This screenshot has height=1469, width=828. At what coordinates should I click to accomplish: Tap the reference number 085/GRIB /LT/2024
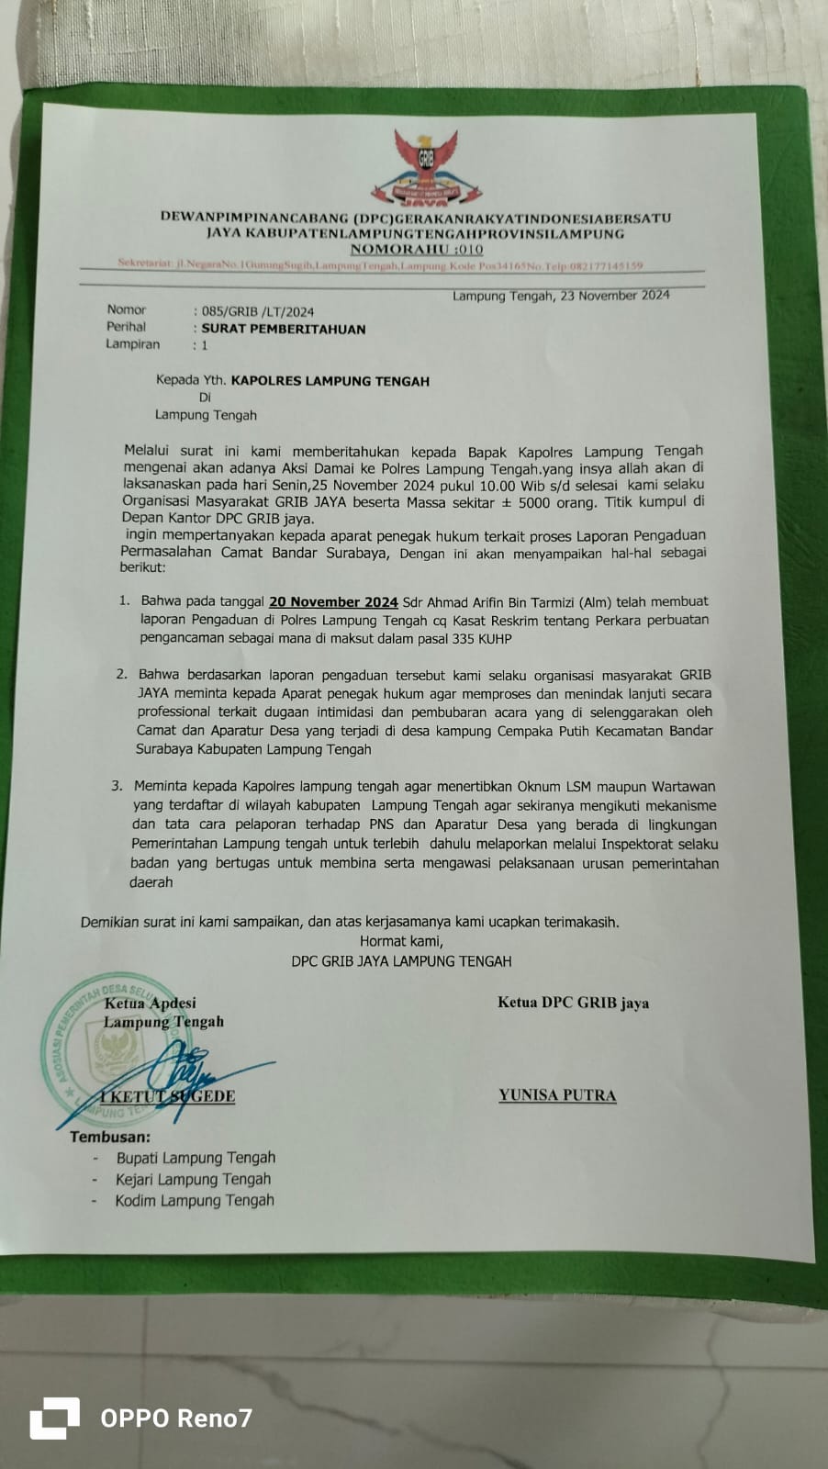(257, 311)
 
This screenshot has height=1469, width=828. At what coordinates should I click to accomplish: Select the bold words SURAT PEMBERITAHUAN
(283, 329)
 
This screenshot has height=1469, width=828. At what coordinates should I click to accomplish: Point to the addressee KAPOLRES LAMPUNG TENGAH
(330, 380)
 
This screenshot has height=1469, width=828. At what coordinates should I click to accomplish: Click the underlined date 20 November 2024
(333, 602)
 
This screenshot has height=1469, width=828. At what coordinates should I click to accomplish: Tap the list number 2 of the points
(121, 675)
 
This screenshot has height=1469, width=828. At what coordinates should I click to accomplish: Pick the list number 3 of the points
(117, 787)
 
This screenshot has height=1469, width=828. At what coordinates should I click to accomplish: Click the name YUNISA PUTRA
(557, 1095)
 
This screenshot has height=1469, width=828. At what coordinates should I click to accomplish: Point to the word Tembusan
(110, 1138)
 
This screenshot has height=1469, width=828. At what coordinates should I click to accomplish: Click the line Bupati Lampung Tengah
(196, 1159)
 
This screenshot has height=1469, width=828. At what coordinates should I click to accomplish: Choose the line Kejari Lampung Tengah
(193, 1180)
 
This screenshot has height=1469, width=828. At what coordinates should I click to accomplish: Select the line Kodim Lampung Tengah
(195, 1201)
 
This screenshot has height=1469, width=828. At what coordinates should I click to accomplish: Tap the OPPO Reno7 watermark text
(175, 1419)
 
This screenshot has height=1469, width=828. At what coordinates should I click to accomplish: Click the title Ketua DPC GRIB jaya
(573, 1003)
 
